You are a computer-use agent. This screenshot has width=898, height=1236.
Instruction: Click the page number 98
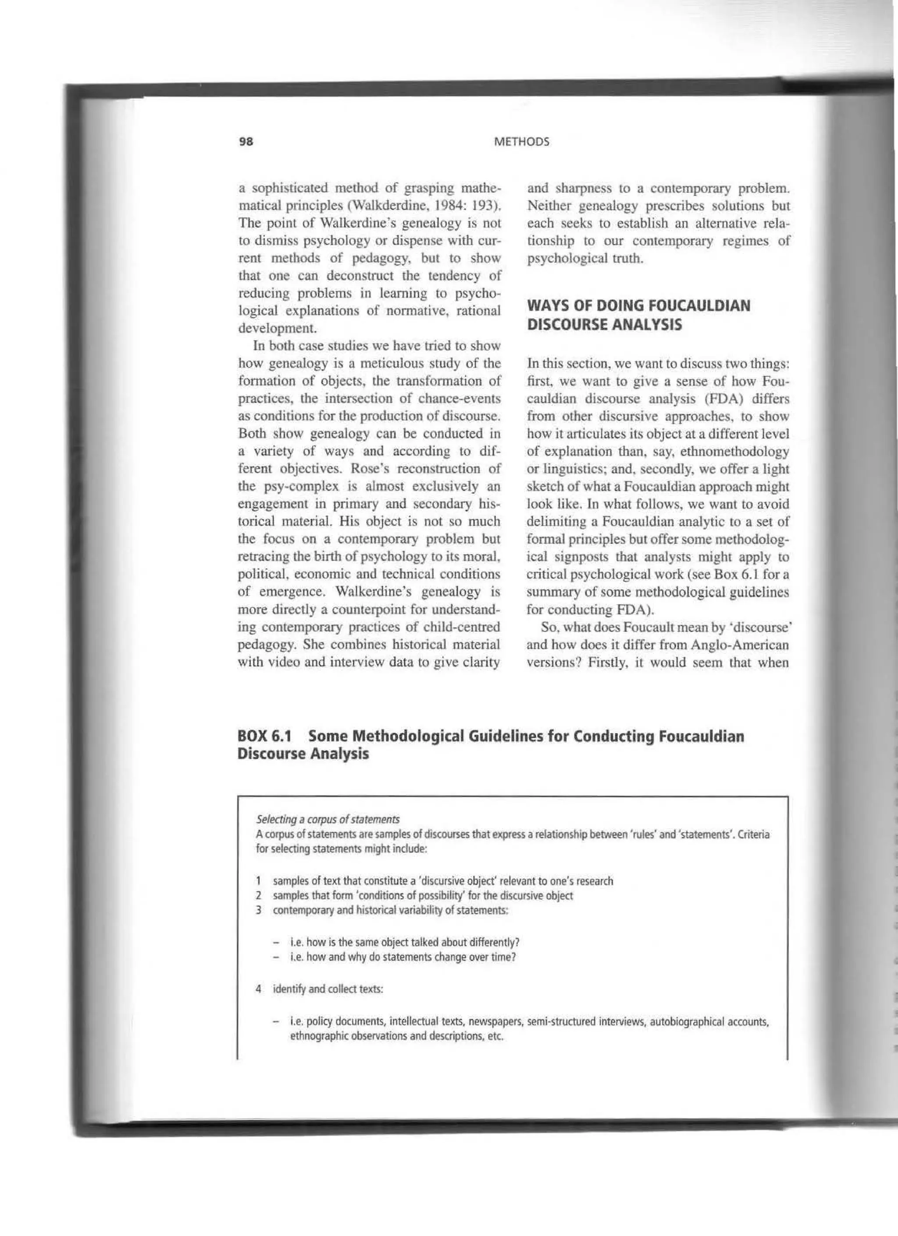click(246, 142)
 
